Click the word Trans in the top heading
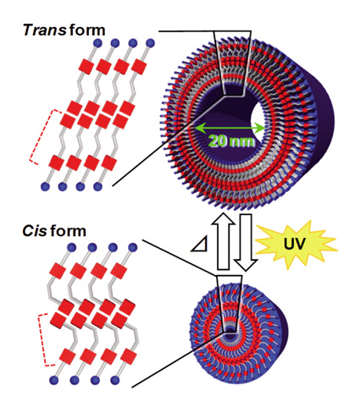pos(44,30)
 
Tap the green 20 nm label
pos(231,140)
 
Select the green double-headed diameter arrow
pos(230,129)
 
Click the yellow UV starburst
pos(296,245)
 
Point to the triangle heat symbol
pos(201,245)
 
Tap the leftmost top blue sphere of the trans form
pos(97,43)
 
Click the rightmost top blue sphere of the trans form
pos(150,43)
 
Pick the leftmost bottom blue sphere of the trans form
pos(45,186)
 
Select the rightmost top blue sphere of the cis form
pos(132,247)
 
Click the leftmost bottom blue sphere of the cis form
pos(53,380)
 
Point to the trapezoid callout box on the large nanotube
pos(232,63)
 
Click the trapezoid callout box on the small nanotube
pos(230,304)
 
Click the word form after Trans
pos(87,30)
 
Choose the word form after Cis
pos(69,231)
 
